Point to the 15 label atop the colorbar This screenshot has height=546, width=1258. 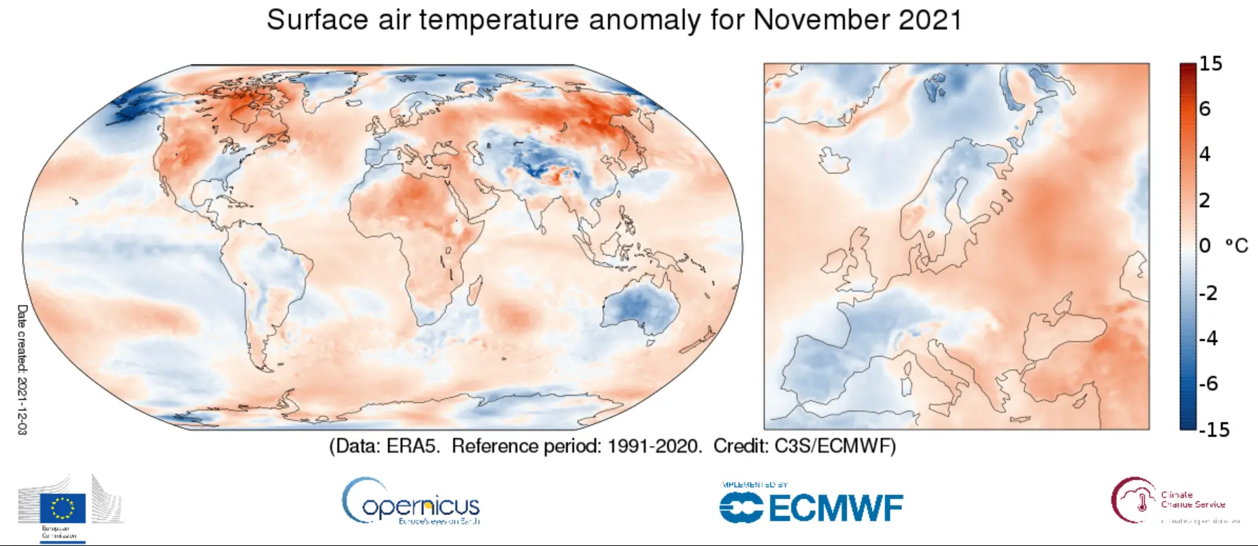(1210, 64)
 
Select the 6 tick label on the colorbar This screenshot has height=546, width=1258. (1205, 109)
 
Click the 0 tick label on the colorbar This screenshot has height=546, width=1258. (1205, 246)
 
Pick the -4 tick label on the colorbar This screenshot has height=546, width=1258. (1209, 338)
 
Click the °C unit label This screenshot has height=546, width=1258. (1236, 246)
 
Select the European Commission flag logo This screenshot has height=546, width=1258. (63, 508)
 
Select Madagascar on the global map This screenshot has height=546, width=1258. (475, 289)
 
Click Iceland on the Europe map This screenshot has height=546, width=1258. (834, 161)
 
